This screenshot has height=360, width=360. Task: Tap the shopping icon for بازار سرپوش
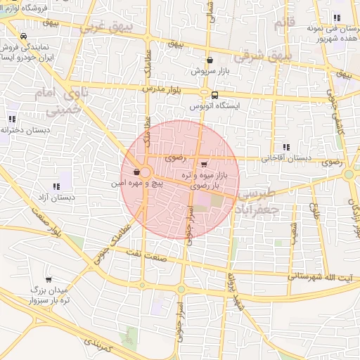click(x=210, y=61)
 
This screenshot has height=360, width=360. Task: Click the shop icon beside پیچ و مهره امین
click(x=136, y=172)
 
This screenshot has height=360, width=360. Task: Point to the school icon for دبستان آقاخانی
click(x=285, y=147)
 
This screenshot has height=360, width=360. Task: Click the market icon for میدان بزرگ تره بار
click(x=48, y=279)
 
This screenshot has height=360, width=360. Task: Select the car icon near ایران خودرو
click(x=24, y=36)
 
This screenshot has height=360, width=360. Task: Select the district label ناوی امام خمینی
click(x=66, y=102)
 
